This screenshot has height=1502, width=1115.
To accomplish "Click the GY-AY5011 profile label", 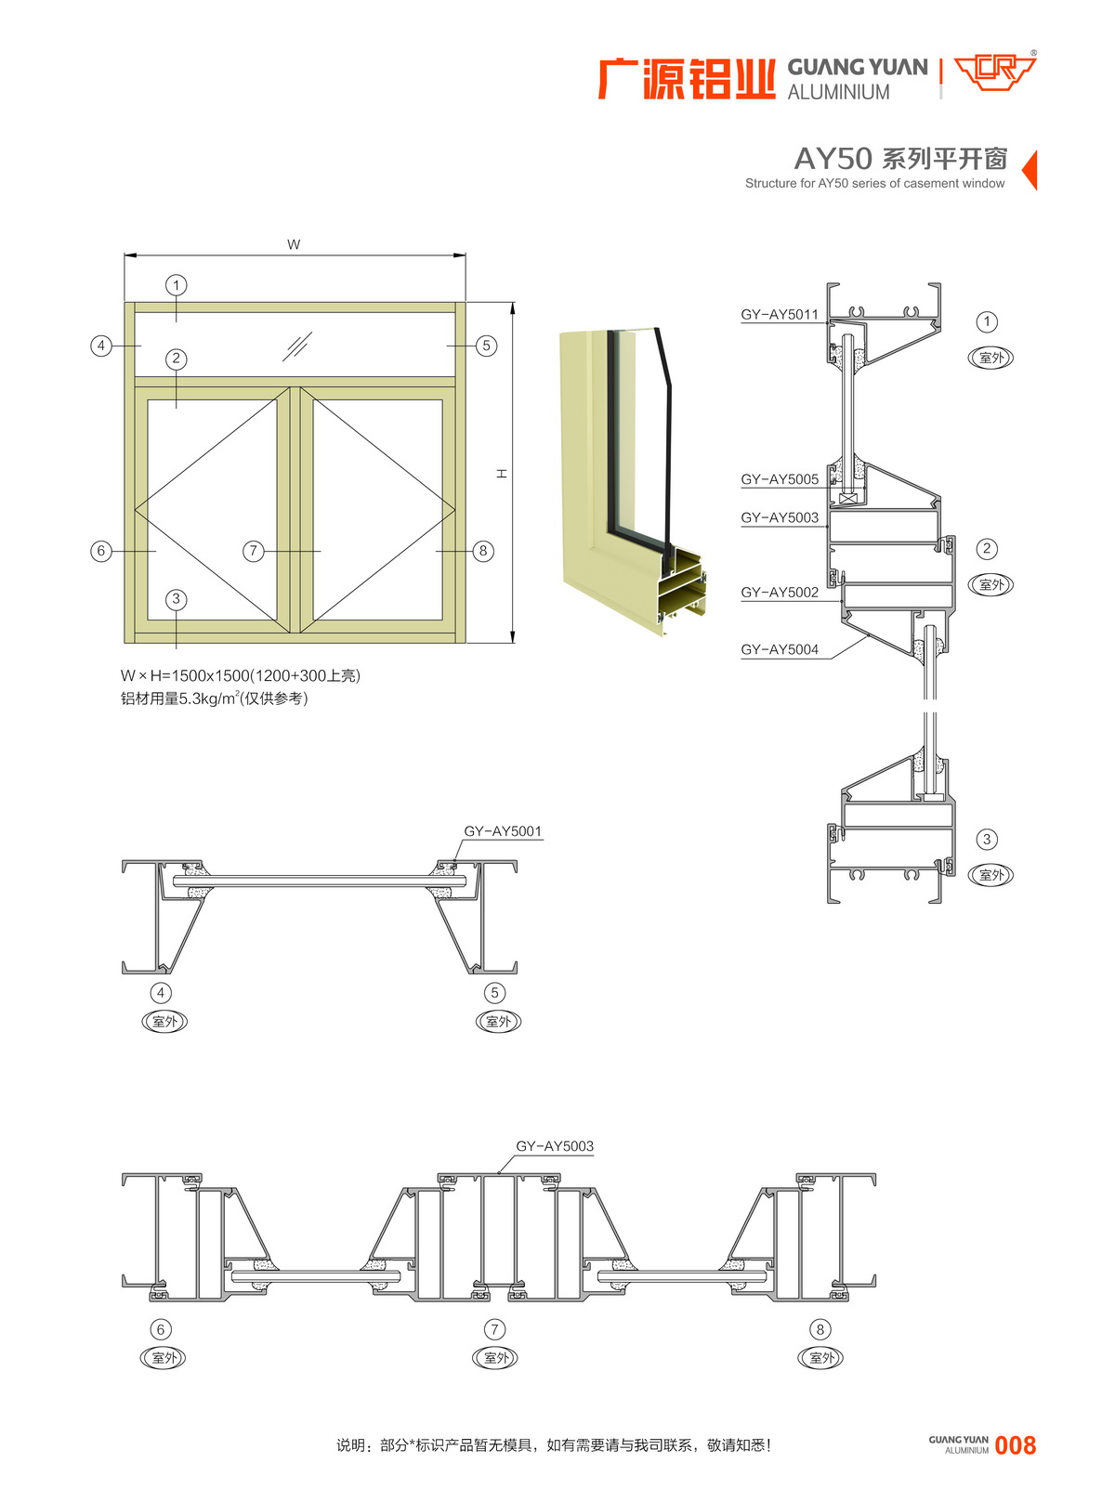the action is tap(779, 314).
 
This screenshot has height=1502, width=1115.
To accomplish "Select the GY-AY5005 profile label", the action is tap(779, 479).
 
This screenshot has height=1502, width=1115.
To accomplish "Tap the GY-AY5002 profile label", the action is tap(779, 593).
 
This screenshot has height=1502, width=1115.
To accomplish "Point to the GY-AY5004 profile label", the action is tap(779, 650).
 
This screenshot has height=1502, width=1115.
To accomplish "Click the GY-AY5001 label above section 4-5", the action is tap(503, 831).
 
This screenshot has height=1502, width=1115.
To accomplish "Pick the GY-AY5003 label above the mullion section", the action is tap(555, 1146).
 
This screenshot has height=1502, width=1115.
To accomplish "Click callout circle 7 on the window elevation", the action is tap(254, 551).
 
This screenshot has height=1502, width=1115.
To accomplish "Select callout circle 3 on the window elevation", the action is tap(177, 599).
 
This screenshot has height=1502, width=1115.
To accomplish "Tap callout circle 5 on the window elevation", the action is tap(486, 346).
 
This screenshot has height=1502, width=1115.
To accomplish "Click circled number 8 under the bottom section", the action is tap(820, 1329).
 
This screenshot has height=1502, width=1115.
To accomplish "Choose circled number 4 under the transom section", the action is tap(161, 993).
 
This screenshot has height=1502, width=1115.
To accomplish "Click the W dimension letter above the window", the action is tap(294, 244).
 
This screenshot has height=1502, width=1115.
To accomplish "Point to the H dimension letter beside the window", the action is tap(502, 474).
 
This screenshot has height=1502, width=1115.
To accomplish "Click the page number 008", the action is tap(1015, 1445).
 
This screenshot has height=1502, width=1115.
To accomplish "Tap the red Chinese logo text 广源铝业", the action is tap(687, 79).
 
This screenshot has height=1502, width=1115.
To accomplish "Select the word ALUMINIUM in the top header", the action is tap(838, 92).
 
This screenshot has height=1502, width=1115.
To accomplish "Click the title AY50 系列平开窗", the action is tap(900, 159).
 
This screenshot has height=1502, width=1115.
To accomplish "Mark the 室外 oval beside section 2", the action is tap(991, 584).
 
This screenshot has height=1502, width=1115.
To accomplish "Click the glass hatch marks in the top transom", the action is tap(297, 346).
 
